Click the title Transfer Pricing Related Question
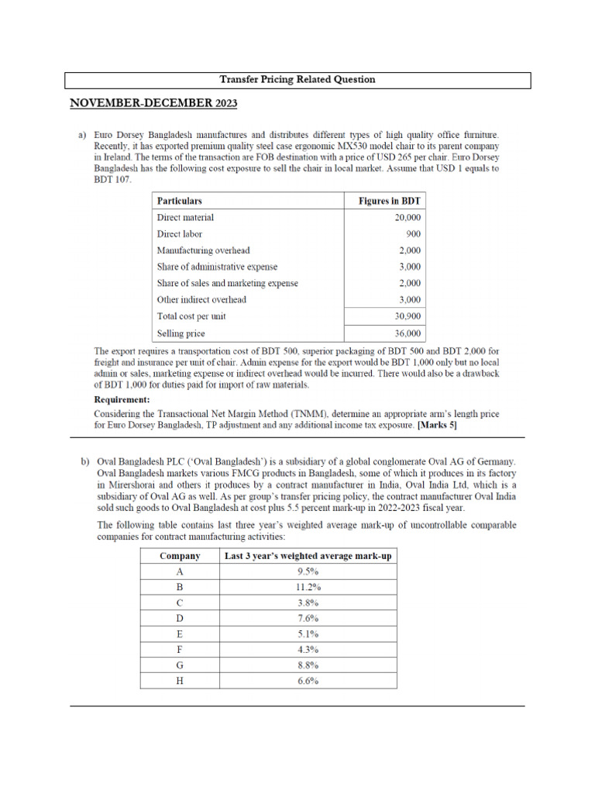click(x=297, y=80)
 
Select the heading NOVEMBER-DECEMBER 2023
click(x=153, y=103)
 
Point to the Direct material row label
click(x=185, y=218)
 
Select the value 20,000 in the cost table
click(x=405, y=218)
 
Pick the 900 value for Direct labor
click(x=412, y=234)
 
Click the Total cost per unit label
click(x=191, y=316)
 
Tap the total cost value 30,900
click(x=405, y=316)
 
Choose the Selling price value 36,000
click(x=405, y=333)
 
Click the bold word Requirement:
click(x=122, y=399)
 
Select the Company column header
click(x=180, y=556)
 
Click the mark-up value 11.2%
click(x=308, y=587)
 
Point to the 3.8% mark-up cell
click(x=308, y=602)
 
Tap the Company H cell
click(x=180, y=681)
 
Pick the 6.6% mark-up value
click(x=308, y=681)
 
